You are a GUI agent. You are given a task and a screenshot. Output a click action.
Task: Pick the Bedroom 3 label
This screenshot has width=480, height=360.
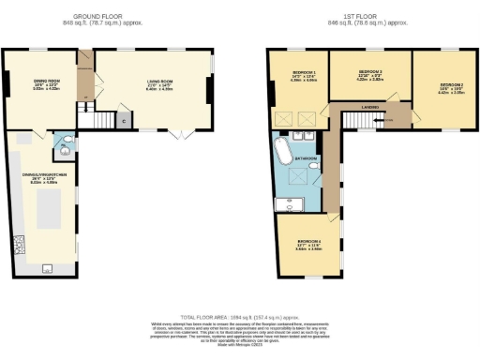point(374,73)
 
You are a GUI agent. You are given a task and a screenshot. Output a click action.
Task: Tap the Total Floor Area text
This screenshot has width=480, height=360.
point(239,317)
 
